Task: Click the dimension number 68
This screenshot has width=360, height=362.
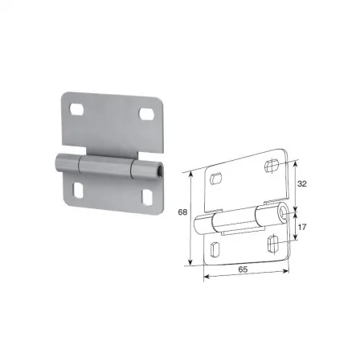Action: point(182,212)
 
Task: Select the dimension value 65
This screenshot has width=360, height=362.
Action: point(243,269)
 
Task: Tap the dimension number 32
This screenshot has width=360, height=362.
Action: point(302,183)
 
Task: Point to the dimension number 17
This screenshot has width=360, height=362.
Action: point(302,227)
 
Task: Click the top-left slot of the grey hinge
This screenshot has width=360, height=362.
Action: point(76,109)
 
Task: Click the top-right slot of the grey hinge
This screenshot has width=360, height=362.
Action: point(146,113)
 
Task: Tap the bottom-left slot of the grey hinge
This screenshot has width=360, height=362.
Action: point(78,191)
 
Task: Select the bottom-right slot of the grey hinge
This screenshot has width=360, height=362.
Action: point(147,197)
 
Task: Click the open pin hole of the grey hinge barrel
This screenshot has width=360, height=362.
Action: point(160,171)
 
